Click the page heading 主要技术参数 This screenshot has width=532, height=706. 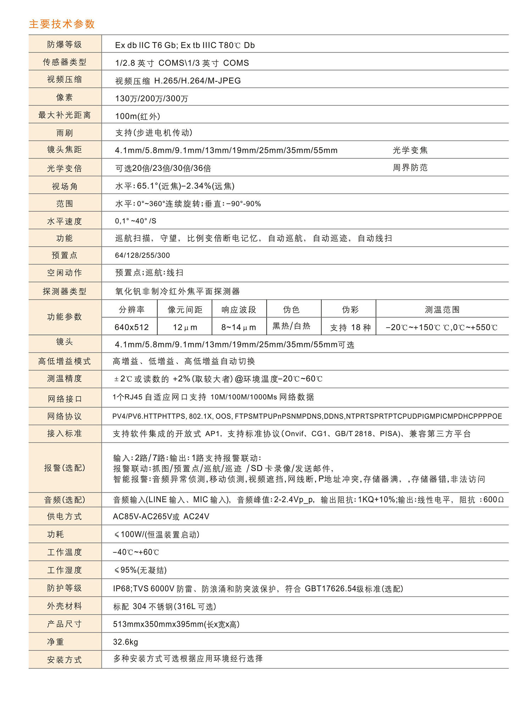pos(62,24)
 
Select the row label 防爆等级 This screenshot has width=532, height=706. pos(65,44)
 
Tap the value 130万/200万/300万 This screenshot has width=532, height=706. pos(151,98)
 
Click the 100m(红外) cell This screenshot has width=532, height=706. pos(138,116)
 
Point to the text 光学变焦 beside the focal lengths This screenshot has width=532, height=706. pos(410,150)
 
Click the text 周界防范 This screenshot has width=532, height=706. pos(410,168)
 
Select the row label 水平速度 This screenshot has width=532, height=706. pos(65,221)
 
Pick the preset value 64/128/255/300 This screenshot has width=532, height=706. pos(142,255)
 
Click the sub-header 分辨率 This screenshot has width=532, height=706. pos(132,310)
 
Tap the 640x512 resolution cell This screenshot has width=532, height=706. pos(132,327)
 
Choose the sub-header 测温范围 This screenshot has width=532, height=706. pos(442,310)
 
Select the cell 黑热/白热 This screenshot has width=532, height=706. pos(291,326)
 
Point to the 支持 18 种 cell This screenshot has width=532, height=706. pos(350,327)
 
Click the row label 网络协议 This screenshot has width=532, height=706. pos(65,416)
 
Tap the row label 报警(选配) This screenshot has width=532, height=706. pos(65,468)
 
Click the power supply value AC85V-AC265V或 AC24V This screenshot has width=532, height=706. pos(161,516)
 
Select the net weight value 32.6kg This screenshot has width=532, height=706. pos(126,642)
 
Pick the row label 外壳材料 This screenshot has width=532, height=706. pos(65,606)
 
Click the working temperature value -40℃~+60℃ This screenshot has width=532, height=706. pos(136,552)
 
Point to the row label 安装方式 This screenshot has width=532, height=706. pos(65,660)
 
